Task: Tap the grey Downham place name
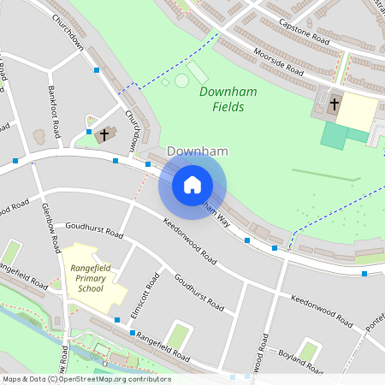tap(198, 151)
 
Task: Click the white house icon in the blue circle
tap(192, 184)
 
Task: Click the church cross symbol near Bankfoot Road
tap(105, 134)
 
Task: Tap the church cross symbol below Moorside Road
tap(334, 106)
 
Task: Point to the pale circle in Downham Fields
tap(181, 81)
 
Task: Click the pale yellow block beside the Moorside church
tap(359, 111)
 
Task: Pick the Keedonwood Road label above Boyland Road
tap(321, 311)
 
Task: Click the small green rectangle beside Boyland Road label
tap(310, 350)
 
